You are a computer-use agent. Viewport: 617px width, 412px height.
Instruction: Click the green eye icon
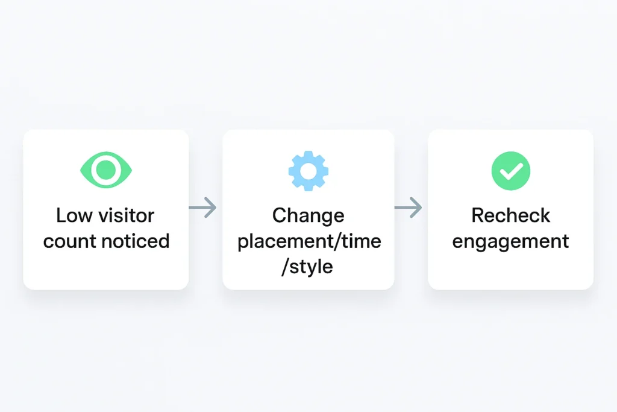(106, 170)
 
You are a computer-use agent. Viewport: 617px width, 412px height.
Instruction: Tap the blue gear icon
(308, 171)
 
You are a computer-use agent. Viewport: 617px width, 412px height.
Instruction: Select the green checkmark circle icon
(511, 171)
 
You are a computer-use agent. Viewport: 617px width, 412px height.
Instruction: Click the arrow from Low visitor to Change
(202, 207)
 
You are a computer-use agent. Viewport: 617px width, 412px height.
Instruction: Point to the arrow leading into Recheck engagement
(408, 207)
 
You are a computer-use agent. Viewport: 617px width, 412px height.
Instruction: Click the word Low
(75, 215)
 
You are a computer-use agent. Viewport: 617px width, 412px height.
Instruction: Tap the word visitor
(127, 215)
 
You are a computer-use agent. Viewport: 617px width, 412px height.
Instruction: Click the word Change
(308, 216)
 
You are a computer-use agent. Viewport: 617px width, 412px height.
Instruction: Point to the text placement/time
(309, 241)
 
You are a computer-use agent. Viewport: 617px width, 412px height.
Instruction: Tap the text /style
(307, 267)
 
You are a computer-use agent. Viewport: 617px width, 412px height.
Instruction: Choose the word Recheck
(511, 215)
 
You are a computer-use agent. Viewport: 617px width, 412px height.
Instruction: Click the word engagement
(510, 242)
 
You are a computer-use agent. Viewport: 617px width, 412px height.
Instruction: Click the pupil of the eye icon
(106, 170)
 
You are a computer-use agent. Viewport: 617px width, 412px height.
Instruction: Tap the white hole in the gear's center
(308, 171)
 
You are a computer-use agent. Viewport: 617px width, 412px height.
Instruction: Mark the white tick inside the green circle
(511, 171)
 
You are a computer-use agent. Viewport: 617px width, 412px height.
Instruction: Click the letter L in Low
(61, 215)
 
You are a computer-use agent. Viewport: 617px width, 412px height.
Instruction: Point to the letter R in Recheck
(478, 215)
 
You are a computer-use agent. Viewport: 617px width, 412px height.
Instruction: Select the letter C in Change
(280, 215)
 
